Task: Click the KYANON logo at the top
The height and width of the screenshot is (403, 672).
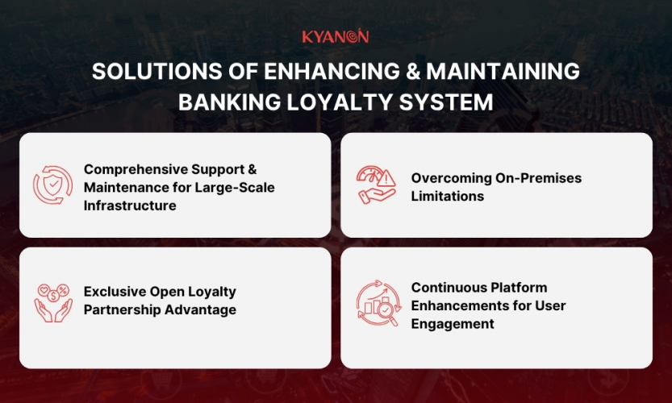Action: pyautogui.click(x=336, y=36)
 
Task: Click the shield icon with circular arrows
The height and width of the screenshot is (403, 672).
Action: pyautogui.click(x=52, y=185)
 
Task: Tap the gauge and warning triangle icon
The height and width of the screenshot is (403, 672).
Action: pyautogui.click(x=377, y=185)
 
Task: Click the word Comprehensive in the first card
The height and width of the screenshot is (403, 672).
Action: pyautogui.click(x=134, y=169)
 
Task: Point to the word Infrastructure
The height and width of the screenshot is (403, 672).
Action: pyautogui.click(x=130, y=206)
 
